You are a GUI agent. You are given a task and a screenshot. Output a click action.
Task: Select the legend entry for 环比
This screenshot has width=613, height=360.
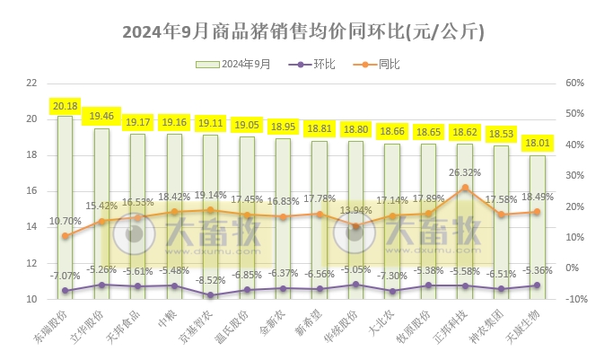click(x=313, y=65)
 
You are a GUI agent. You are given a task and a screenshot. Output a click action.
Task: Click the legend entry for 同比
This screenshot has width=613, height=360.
click(x=378, y=65)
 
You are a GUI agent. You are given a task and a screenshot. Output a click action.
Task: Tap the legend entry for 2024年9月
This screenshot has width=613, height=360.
click(x=234, y=65)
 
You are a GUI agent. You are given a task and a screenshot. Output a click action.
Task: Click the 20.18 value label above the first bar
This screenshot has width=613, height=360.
click(x=65, y=105)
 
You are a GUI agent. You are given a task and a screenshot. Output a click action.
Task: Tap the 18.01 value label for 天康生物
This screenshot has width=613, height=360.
click(x=537, y=143)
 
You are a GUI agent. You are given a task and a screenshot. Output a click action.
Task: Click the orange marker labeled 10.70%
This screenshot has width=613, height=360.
click(x=65, y=236)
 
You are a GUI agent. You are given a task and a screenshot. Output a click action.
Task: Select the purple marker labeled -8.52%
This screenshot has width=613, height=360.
click(x=210, y=294)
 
